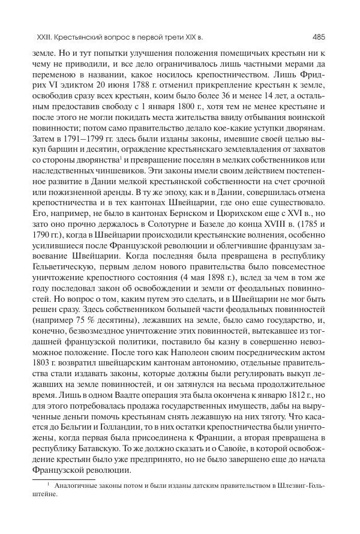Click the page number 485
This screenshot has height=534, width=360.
tap(319, 37)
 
